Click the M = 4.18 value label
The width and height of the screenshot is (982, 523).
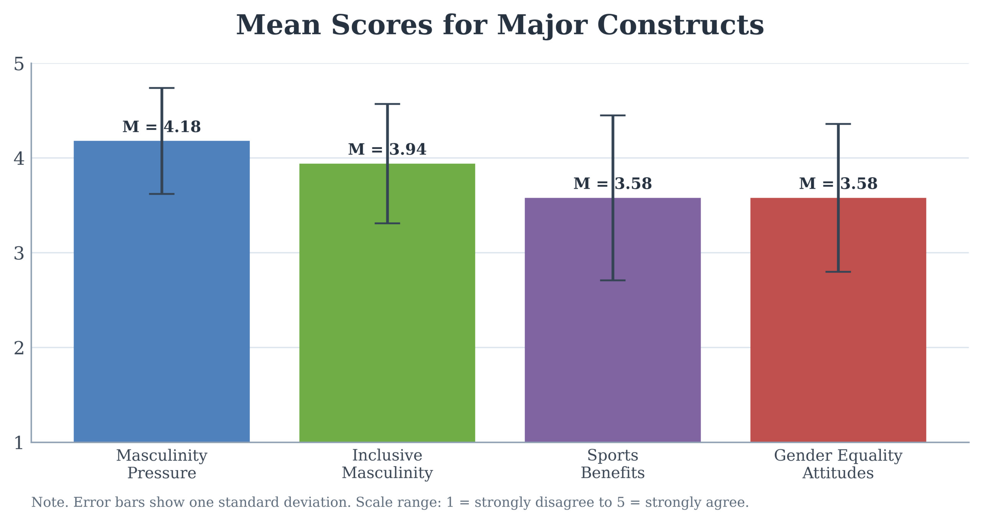(161, 127)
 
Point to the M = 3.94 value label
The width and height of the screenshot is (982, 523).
(387, 149)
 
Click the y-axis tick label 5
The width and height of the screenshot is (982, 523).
(19, 64)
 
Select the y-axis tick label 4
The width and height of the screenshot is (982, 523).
(19, 158)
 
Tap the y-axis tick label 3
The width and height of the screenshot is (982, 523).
(19, 253)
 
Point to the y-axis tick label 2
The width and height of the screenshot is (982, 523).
(19, 348)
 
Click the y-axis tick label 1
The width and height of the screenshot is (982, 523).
(19, 443)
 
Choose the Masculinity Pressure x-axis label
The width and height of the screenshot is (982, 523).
(161, 464)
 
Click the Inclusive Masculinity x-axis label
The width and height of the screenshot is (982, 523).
(387, 464)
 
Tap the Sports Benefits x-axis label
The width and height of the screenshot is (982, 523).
(613, 464)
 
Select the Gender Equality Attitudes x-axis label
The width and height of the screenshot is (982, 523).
(838, 464)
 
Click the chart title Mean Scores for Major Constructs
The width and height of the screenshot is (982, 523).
(500, 25)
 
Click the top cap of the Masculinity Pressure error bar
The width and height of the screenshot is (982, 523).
(161, 88)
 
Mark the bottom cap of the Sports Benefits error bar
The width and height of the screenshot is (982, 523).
(613, 280)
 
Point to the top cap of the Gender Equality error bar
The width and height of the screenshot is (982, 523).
(838, 124)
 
